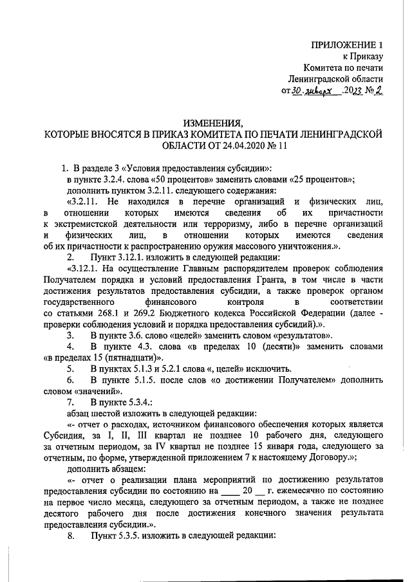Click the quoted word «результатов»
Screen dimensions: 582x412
(300, 335)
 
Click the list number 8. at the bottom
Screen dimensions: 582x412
(71, 536)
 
